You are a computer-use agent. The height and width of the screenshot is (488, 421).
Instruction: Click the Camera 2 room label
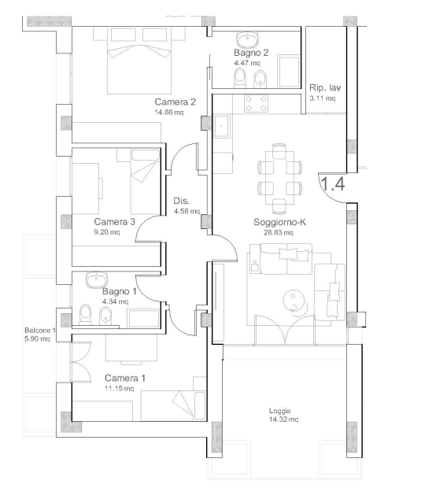(x=175, y=102)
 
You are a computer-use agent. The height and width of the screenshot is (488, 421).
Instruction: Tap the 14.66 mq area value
(x=169, y=112)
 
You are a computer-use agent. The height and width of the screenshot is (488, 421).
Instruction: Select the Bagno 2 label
(x=251, y=53)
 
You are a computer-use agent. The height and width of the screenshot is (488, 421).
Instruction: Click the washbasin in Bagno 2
(x=248, y=39)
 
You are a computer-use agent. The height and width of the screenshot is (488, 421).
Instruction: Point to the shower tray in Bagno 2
(x=289, y=72)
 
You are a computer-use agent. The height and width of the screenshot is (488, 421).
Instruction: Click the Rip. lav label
(x=325, y=88)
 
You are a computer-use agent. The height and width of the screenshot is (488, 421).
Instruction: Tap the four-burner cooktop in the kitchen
(x=256, y=104)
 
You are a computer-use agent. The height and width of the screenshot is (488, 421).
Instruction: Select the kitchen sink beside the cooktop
(x=222, y=126)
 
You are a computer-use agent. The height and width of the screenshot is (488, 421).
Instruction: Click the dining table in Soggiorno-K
(x=279, y=178)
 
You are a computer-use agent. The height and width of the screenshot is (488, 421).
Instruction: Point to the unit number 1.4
(x=332, y=183)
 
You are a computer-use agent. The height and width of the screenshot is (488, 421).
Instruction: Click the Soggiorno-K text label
(x=279, y=222)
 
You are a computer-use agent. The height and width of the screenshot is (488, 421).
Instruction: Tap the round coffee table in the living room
(x=293, y=301)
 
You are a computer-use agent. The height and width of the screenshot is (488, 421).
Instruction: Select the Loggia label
(x=279, y=411)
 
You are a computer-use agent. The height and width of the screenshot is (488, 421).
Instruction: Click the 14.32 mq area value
(x=283, y=420)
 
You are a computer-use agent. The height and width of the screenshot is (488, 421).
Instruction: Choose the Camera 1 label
(x=125, y=378)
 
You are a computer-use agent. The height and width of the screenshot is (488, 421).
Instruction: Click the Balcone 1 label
(x=40, y=331)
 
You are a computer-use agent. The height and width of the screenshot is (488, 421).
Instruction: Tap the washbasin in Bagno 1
(x=97, y=280)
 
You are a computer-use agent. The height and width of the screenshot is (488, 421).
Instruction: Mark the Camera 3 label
(x=115, y=222)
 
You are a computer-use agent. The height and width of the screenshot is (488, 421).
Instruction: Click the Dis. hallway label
(x=182, y=201)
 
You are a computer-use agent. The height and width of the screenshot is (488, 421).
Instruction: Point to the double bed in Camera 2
(x=139, y=61)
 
